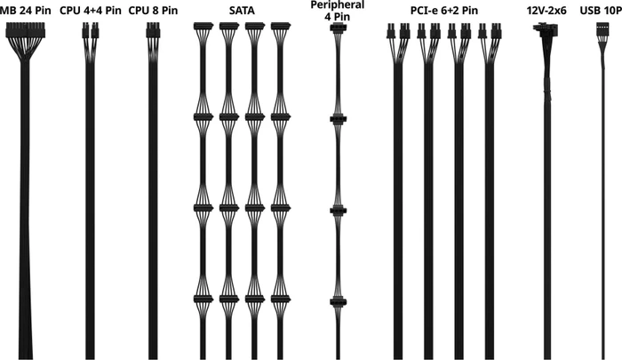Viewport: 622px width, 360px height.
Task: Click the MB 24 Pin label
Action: click(26, 11)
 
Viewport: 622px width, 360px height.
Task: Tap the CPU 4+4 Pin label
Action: click(91, 11)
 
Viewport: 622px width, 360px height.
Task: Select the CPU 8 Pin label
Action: click(153, 11)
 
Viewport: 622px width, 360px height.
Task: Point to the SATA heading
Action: click(242, 11)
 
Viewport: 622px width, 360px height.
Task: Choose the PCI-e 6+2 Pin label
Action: click(444, 11)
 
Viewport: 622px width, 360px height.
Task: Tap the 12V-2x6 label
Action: click(546, 11)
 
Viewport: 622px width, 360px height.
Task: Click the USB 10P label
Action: click(601, 11)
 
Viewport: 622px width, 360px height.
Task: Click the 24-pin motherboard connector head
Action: click(26, 30)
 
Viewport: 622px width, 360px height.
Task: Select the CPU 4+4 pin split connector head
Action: click(91, 30)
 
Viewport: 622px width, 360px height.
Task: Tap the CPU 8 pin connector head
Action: click(153, 30)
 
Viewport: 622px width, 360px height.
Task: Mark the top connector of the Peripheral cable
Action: click(338, 28)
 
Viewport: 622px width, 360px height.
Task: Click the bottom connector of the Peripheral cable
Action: click(338, 302)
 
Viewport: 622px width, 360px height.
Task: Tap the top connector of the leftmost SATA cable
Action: click(203, 26)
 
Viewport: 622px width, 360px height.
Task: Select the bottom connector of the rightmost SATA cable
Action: click(281, 299)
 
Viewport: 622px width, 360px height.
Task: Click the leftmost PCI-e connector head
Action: click(391, 31)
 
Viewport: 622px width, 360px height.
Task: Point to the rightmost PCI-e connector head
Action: click(495, 31)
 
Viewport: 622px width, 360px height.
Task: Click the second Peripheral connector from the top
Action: click(338, 119)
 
